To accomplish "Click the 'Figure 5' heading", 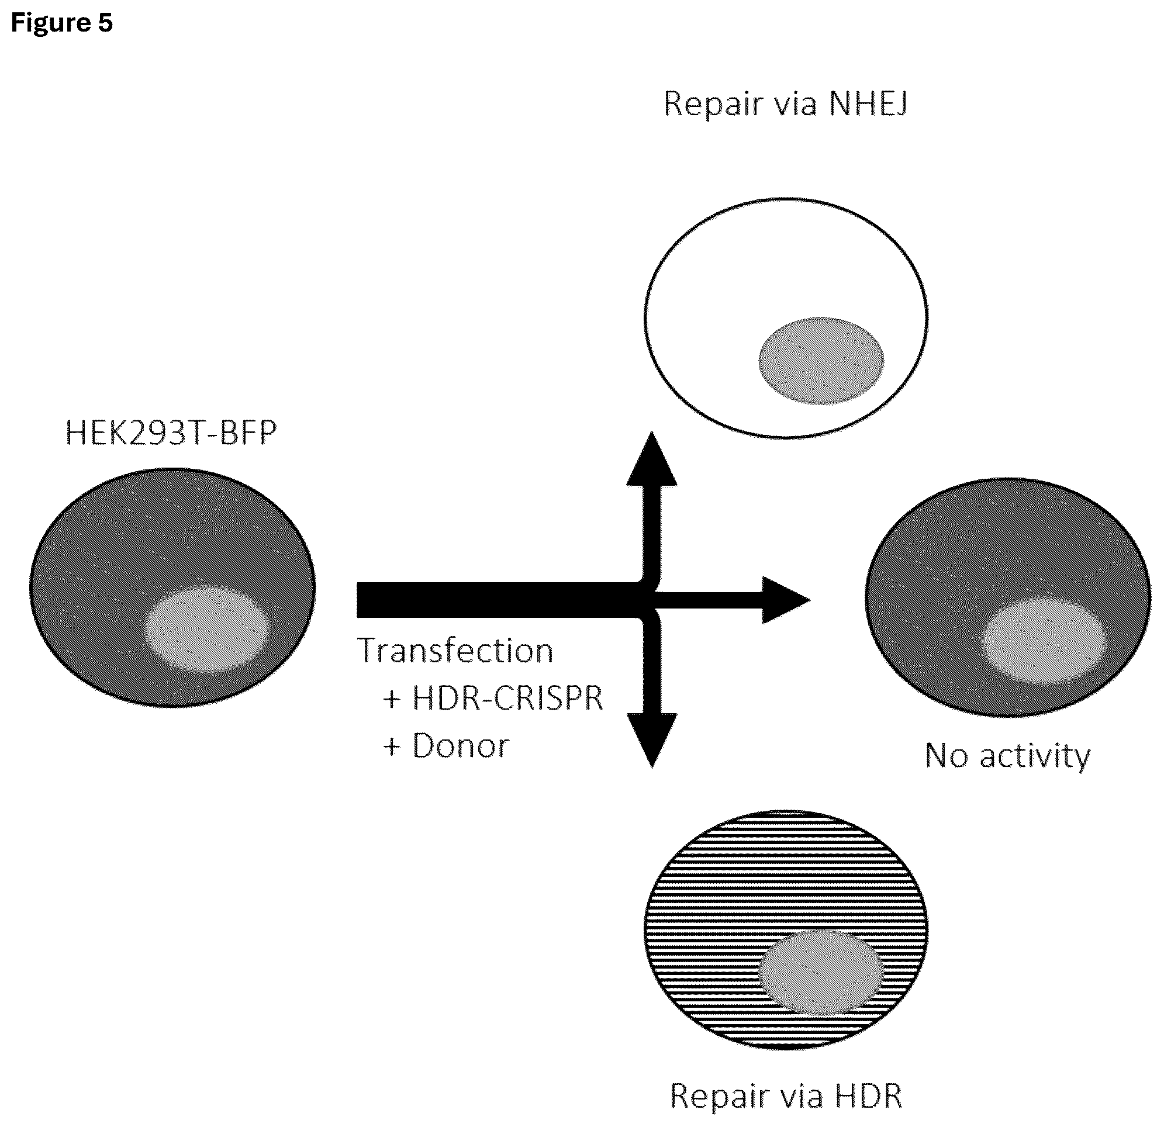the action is pyautogui.click(x=62, y=23).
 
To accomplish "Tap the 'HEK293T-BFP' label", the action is pyautogui.click(x=171, y=433).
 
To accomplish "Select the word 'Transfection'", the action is pyautogui.click(x=455, y=651).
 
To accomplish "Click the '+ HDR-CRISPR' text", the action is pyautogui.click(x=493, y=698).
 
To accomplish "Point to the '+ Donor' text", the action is pyautogui.click(x=447, y=746).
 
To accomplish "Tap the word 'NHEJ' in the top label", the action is pyautogui.click(x=868, y=105).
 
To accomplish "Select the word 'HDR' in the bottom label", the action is pyautogui.click(x=869, y=1096).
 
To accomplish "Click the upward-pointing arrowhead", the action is pyautogui.click(x=652, y=458).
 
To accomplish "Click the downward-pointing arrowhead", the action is pyautogui.click(x=652, y=741).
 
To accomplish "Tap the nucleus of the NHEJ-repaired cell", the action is pyautogui.click(x=821, y=361).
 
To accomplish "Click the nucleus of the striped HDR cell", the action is pyautogui.click(x=821, y=973).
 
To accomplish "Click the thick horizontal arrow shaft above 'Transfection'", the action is pyautogui.click(x=499, y=600).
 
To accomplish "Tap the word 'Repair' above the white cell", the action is pyautogui.click(x=713, y=105).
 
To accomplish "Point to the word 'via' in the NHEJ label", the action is pyautogui.click(x=796, y=105).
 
